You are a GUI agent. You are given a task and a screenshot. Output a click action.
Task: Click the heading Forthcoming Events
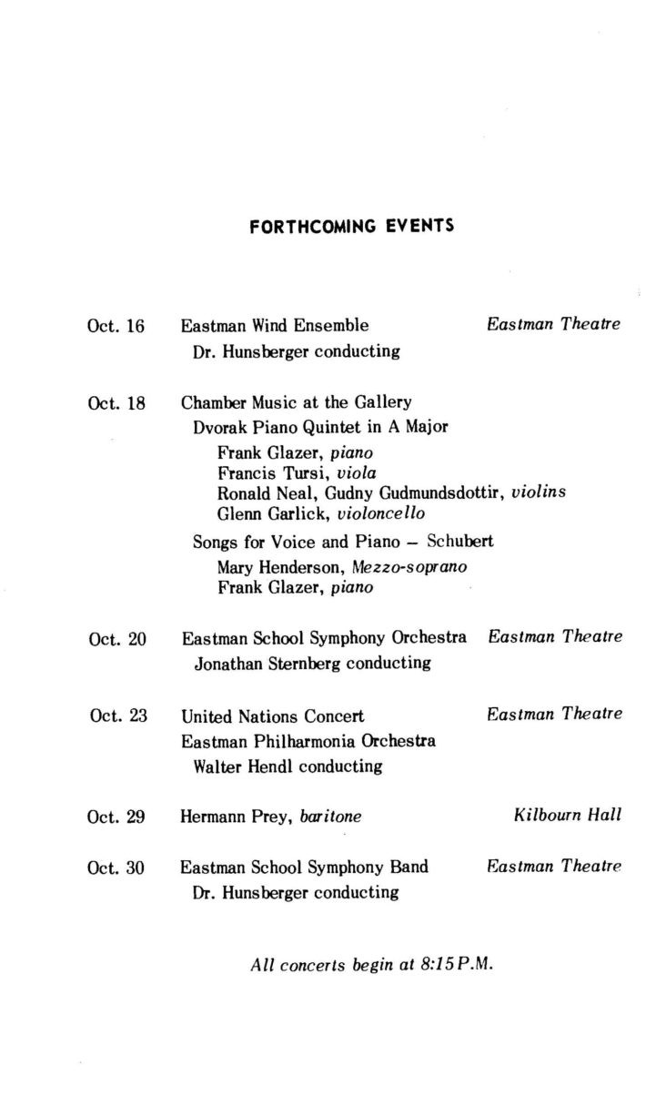tap(351, 226)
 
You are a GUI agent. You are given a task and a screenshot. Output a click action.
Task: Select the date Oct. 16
tap(116, 326)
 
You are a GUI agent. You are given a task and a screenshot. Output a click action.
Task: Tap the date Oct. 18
tap(116, 402)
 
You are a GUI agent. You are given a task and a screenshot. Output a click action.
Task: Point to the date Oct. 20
tap(117, 638)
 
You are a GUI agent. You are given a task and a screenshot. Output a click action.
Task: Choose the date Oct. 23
tap(118, 715)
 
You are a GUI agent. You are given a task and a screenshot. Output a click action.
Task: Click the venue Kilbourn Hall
tap(568, 816)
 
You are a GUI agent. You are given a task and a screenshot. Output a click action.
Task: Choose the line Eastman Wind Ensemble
tap(275, 325)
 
